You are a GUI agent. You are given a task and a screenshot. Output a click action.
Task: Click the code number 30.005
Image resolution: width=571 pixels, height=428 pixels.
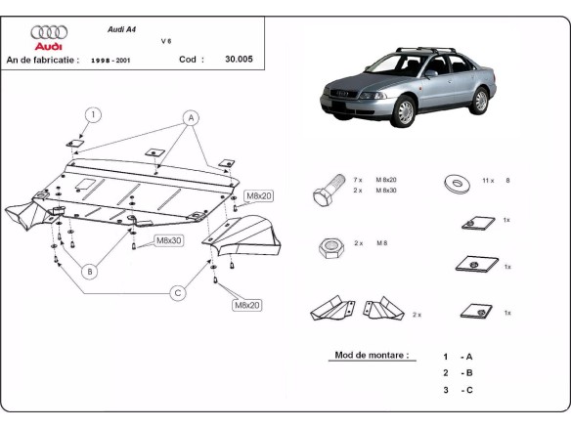tap(238, 59)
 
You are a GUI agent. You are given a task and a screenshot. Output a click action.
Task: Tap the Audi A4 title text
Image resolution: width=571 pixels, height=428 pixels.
tap(122, 29)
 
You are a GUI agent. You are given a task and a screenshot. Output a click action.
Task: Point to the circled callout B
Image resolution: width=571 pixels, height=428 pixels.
tap(89, 271)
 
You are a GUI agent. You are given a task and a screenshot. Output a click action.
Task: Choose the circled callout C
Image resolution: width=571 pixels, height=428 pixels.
tap(178, 291)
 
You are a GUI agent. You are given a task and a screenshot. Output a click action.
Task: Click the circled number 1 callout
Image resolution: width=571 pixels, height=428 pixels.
tap(92, 114)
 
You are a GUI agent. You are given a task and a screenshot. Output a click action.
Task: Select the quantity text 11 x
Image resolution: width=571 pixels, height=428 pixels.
tap(489, 181)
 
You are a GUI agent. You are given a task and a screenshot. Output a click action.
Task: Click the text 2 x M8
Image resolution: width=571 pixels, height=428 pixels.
tap(371, 242)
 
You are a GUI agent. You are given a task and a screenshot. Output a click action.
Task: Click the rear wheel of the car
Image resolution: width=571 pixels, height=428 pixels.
tap(479, 101)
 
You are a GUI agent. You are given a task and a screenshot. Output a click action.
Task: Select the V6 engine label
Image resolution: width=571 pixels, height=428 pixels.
tap(165, 42)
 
